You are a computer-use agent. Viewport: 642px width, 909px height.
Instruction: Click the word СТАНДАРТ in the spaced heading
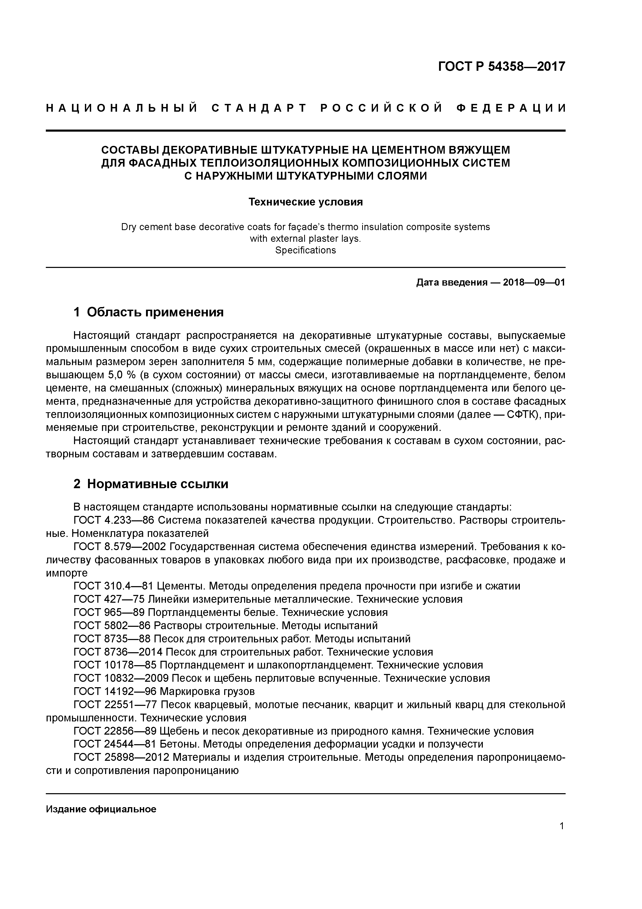[x=259, y=108]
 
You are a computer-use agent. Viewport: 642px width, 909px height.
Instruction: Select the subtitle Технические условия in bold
[x=305, y=202]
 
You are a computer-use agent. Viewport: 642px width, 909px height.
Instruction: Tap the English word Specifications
[x=305, y=251]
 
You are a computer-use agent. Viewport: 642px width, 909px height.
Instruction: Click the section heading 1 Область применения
[x=148, y=312]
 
